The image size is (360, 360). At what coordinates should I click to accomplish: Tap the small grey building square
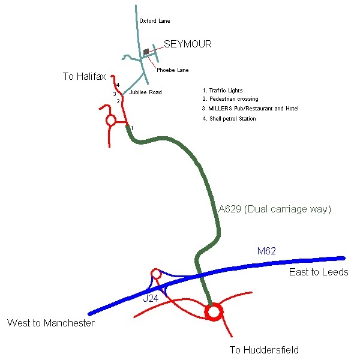(x=146, y=52)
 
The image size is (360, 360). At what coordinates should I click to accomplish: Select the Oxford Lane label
(x=154, y=21)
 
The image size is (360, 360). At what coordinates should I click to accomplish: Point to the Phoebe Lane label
(x=172, y=70)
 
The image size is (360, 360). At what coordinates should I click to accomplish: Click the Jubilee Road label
(x=146, y=92)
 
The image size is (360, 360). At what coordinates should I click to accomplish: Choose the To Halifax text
(x=84, y=76)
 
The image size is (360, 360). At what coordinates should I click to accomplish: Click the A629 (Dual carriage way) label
(x=275, y=209)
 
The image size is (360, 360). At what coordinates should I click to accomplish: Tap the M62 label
(x=266, y=251)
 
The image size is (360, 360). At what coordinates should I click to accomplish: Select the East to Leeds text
(x=319, y=272)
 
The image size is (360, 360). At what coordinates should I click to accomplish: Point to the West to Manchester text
(x=51, y=323)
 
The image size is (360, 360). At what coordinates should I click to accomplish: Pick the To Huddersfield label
(x=264, y=350)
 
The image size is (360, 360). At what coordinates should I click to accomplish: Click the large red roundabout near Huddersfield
(x=214, y=312)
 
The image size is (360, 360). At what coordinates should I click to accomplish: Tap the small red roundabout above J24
(x=156, y=274)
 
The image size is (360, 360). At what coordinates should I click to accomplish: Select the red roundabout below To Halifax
(x=110, y=121)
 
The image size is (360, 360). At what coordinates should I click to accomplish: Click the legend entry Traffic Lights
(x=226, y=90)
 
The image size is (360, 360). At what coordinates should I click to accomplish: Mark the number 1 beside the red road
(x=132, y=128)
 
